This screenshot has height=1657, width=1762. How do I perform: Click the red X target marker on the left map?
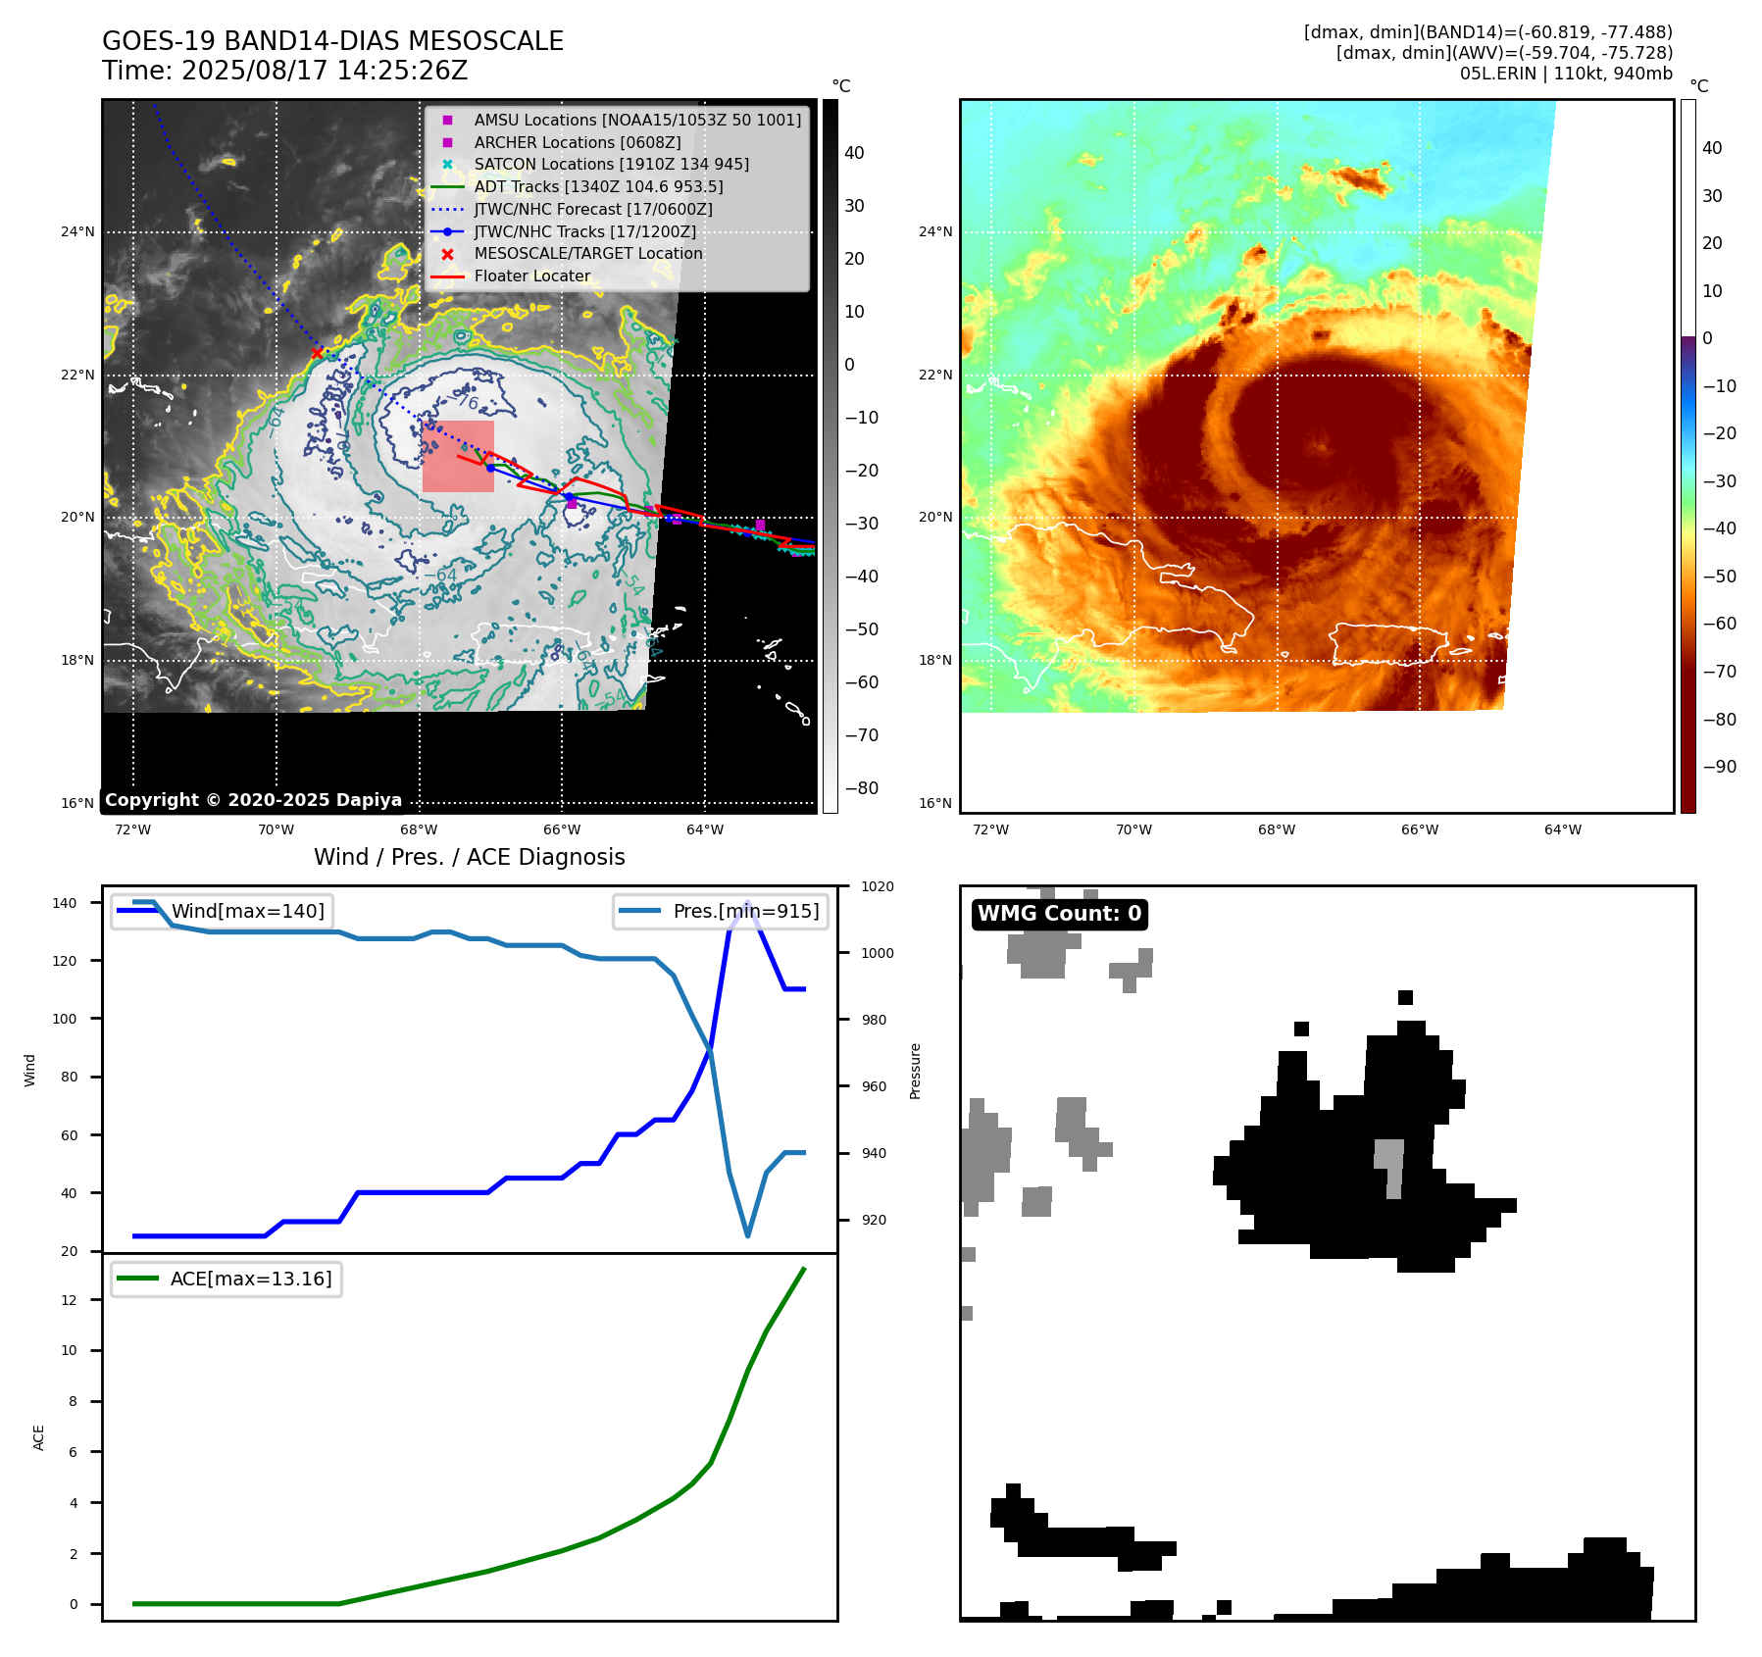[317, 353]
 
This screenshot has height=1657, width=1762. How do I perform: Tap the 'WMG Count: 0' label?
[1059, 914]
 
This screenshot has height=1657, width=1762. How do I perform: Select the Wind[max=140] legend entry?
[247, 911]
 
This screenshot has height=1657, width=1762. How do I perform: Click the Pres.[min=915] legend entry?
[745, 911]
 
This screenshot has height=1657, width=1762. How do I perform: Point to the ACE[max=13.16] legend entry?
[250, 1279]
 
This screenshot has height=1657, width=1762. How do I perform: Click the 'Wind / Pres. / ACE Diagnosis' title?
[469, 857]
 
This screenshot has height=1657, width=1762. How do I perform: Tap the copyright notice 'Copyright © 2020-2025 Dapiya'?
[253, 800]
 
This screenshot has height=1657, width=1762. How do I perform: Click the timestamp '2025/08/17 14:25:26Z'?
[325, 71]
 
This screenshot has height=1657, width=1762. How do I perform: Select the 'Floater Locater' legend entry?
[531, 276]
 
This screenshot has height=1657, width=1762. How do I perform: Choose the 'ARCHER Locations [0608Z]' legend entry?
[577, 142]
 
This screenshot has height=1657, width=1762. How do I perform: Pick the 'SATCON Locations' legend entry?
[611, 165]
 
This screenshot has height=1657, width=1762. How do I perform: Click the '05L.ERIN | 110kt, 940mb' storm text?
[1566, 74]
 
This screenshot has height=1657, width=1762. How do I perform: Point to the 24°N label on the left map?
[77, 232]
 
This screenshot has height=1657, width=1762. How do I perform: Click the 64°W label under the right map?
[1562, 830]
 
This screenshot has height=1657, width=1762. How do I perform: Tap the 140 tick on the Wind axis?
[65, 903]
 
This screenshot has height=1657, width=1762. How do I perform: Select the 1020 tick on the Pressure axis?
[878, 887]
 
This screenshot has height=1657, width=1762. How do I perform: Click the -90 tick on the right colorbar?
[1719, 767]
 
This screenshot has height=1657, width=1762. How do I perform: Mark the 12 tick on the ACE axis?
[69, 1300]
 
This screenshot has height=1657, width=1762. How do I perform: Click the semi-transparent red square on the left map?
[458, 457]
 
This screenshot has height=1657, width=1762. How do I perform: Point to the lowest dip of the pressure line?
[748, 1235]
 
